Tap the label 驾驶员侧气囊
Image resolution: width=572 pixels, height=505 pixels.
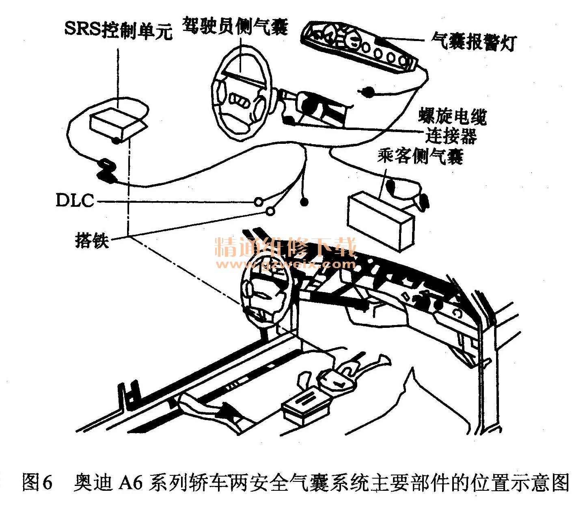235,26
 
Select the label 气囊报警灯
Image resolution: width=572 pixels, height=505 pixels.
474,42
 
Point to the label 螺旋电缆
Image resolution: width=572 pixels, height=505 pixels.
452,116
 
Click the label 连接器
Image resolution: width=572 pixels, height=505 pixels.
451,136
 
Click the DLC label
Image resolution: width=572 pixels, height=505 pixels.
75,200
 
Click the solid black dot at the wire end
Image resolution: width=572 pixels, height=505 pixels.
304,202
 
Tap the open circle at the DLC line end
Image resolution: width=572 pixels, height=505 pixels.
258,202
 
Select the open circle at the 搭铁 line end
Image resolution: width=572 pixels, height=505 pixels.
270,211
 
